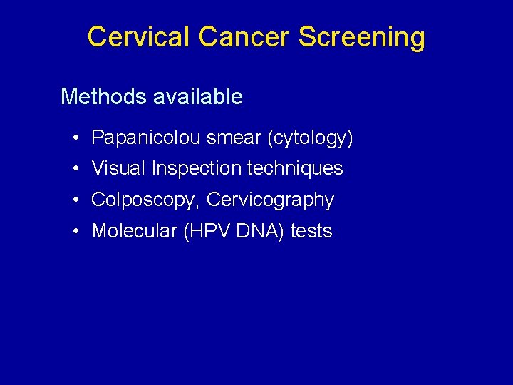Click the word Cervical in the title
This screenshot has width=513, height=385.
point(139,36)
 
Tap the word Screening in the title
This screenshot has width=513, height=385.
point(361,37)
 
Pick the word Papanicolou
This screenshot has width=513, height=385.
point(146,138)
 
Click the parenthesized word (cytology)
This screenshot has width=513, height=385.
point(310,138)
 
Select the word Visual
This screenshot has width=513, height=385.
point(118,169)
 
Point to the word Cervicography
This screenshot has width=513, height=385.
point(270,200)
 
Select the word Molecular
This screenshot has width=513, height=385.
point(135,231)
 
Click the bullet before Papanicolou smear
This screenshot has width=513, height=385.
point(75,138)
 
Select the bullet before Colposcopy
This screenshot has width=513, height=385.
point(75,200)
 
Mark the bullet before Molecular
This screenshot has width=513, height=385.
point(75,231)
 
